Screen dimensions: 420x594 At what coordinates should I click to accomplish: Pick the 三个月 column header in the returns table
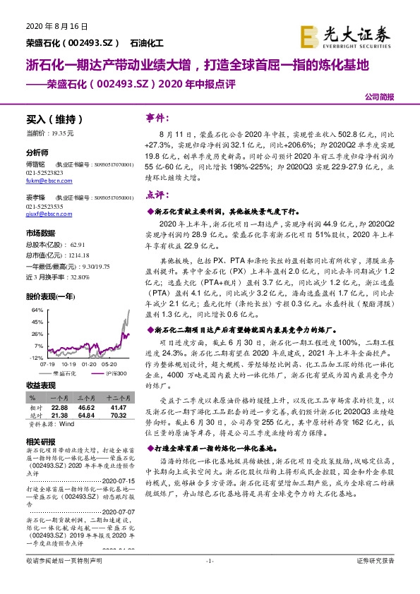click(85, 398)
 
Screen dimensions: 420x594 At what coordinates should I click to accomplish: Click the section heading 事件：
click(158, 117)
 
